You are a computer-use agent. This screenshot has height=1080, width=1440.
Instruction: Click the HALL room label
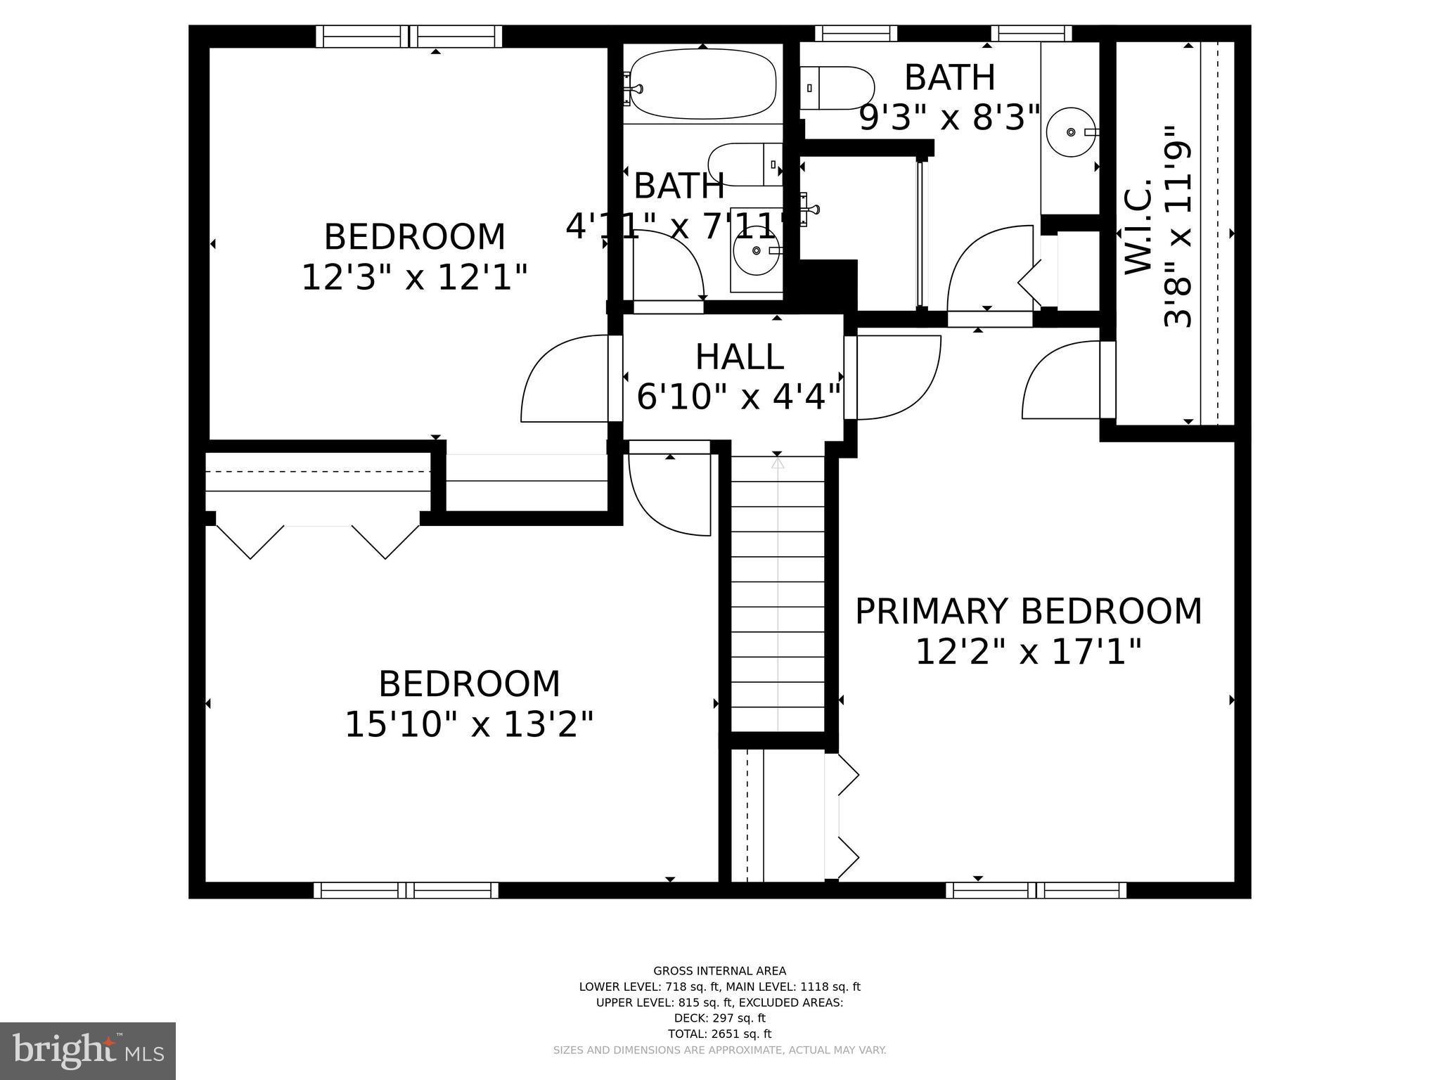click(739, 357)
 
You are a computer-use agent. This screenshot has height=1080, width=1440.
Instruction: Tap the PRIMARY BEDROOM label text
click(1028, 611)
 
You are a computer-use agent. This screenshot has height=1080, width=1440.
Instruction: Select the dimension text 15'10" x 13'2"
click(469, 724)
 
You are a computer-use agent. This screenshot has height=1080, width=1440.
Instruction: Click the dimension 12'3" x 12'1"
click(414, 278)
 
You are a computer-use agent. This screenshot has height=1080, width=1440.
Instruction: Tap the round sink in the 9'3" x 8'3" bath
click(1071, 132)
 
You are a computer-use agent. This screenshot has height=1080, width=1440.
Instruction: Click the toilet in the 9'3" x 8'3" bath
click(837, 88)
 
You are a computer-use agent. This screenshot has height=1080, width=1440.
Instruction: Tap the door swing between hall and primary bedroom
click(897, 378)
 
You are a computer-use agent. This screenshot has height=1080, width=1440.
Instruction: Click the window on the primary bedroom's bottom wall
click(1036, 890)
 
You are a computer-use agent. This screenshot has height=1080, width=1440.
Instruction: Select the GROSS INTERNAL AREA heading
click(719, 971)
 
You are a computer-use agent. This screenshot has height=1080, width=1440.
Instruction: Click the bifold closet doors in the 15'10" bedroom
click(318, 541)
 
